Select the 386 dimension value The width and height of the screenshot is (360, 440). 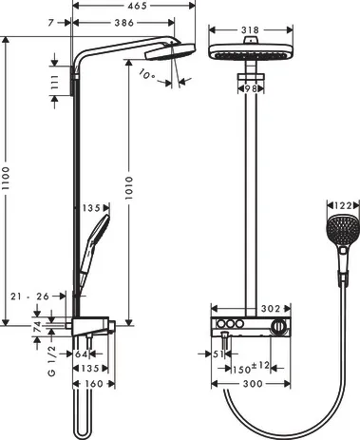click(x=118, y=21)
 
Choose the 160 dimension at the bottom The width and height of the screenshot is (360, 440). click(x=91, y=385)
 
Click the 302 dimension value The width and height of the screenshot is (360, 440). click(x=274, y=307)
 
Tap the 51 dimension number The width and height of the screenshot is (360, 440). click(x=218, y=354)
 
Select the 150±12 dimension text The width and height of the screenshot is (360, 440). click(x=254, y=367)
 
